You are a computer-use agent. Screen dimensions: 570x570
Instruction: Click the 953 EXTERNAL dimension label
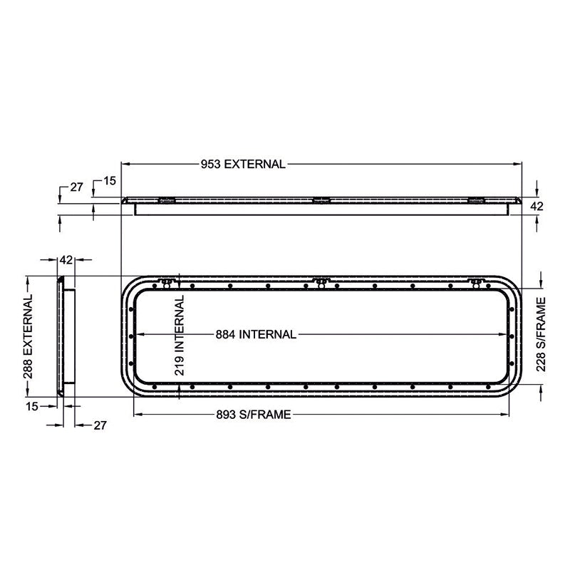pyautogui.click(x=242, y=164)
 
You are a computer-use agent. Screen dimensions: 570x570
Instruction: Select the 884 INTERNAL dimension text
pyautogui.click(x=255, y=335)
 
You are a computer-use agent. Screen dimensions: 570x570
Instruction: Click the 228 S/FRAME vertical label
pyautogui.click(x=541, y=335)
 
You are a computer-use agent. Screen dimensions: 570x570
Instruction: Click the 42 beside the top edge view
pyautogui.click(x=538, y=206)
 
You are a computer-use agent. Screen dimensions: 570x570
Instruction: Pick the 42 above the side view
pyautogui.click(x=66, y=260)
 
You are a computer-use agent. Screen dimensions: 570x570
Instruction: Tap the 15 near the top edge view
pyautogui.click(x=109, y=181)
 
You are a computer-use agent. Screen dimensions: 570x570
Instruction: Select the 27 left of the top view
pyautogui.click(x=76, y=187)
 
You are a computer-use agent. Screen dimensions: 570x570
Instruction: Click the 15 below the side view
pyautogui.click(x=31, y=405)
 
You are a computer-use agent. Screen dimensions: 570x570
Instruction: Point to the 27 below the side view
pyautogui.click(x=100, y=425)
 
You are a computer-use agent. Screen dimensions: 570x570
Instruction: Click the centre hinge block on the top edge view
pyautogui.click(x=322, y=200)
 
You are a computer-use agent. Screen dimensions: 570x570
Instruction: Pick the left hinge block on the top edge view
pyautogui.click(x=166, y=200)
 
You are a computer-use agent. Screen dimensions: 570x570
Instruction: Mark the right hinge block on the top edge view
pyautogui.click(x=475, y=200)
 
